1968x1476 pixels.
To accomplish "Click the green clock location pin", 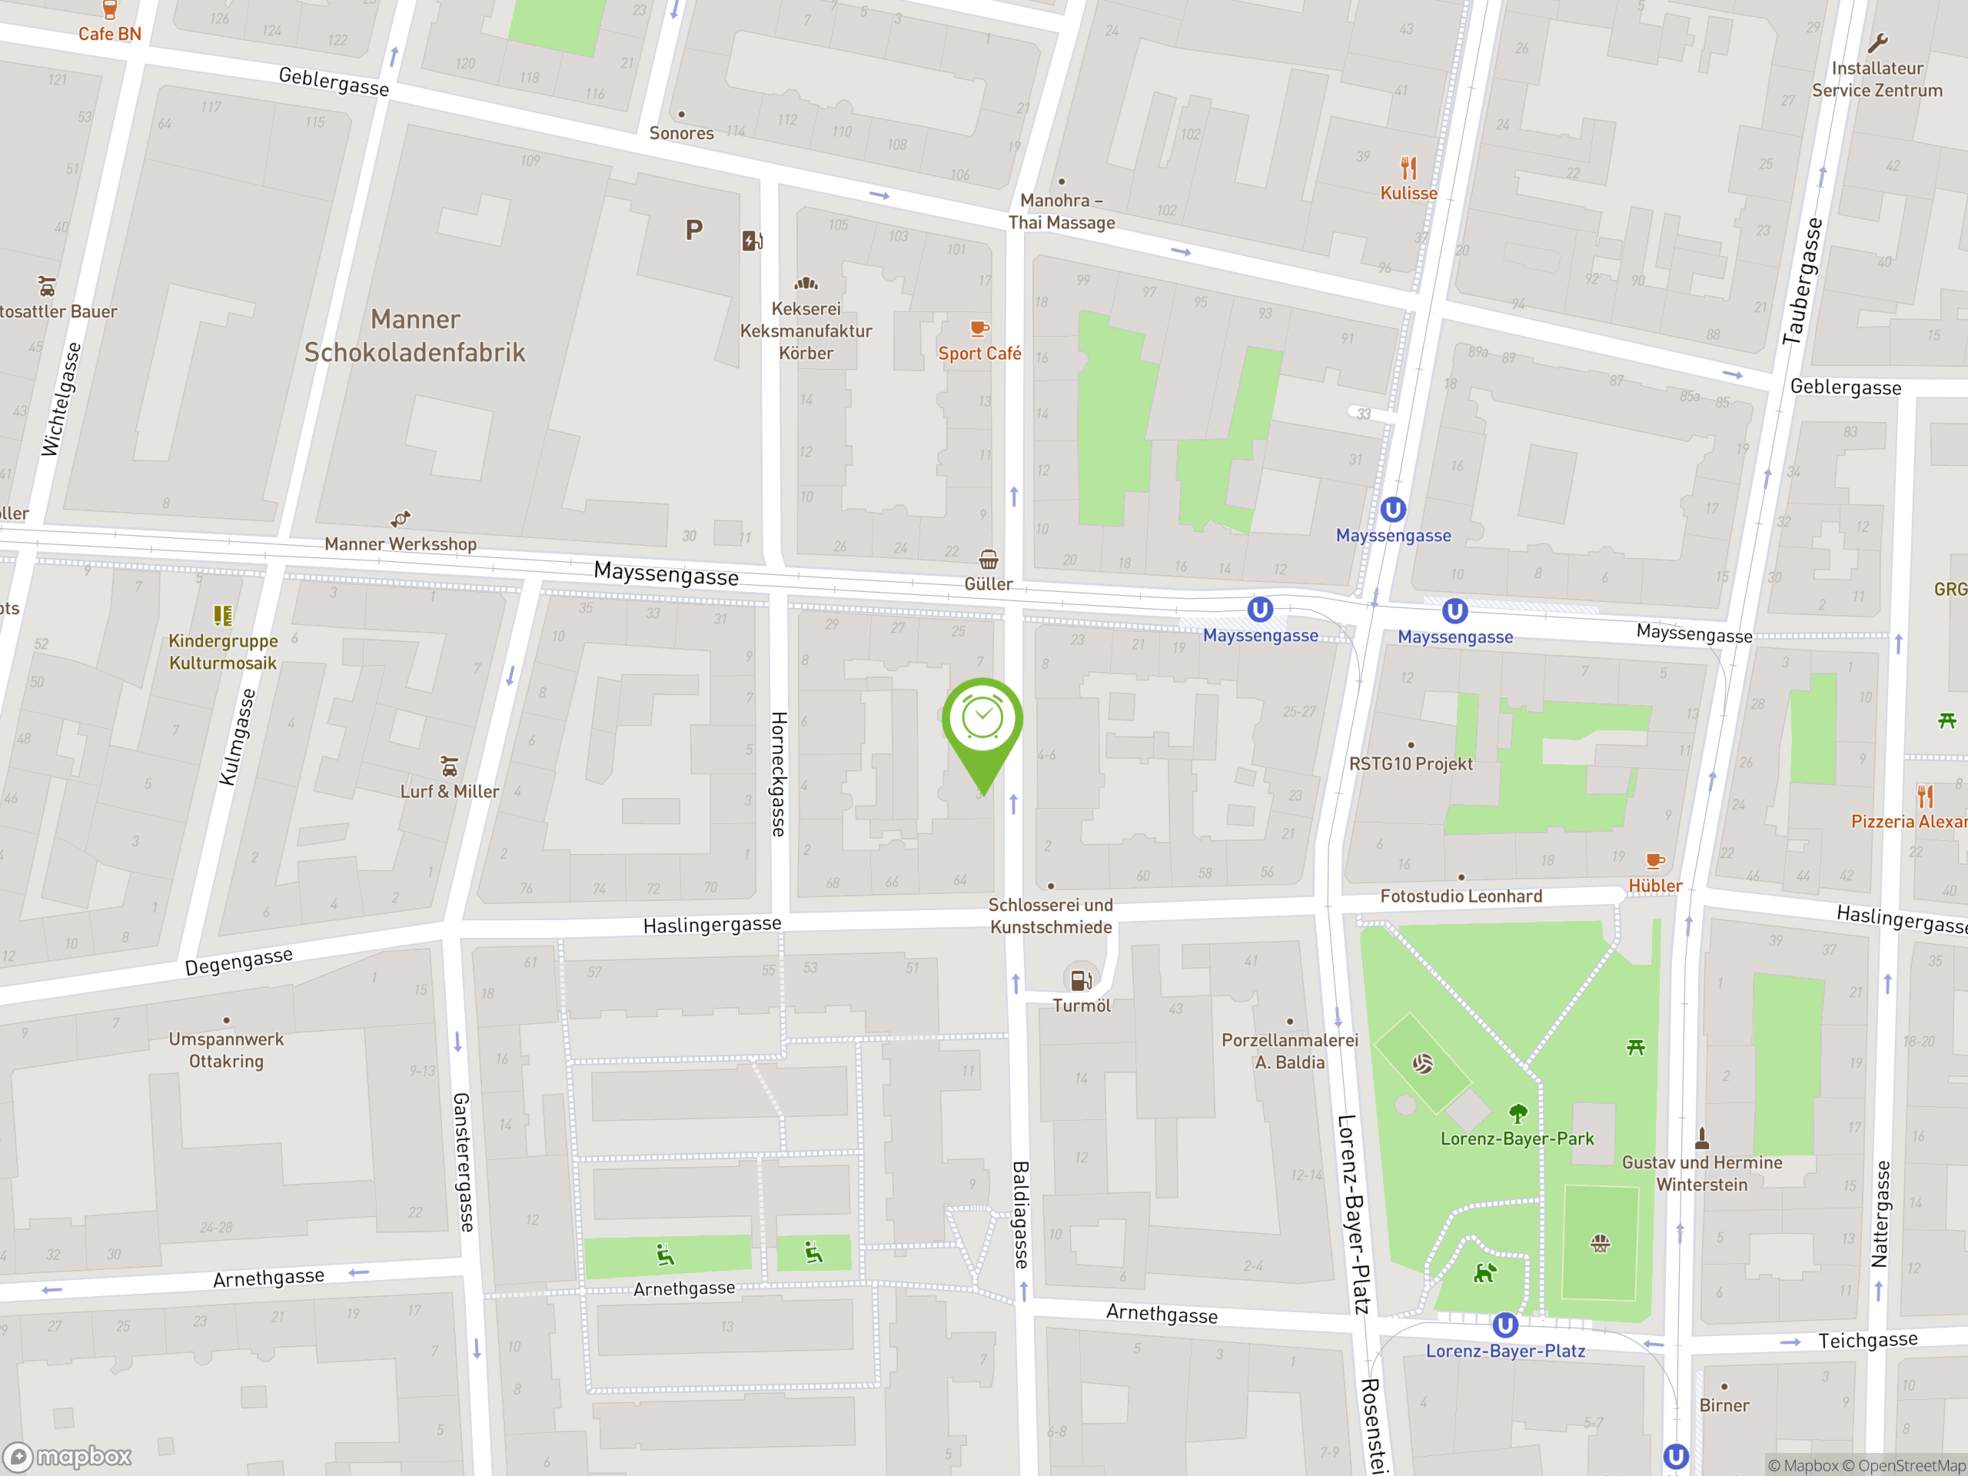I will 982,720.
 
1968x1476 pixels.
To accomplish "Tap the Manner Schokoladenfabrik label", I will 414,336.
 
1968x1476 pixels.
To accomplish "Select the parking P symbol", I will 694,231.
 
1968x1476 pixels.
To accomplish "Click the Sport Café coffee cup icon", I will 979,328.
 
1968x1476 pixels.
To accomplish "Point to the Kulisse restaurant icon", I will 1408,168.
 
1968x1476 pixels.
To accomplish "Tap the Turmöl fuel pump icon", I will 1081,979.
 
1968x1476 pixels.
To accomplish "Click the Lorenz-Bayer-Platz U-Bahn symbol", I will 1504,1325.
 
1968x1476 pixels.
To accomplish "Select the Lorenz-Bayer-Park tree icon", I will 1518,1113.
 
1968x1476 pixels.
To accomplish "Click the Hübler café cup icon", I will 1655,860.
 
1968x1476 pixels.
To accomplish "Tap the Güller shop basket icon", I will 988,560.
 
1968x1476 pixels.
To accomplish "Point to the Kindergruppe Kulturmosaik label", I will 222,652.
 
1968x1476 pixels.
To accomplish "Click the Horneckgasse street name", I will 779,774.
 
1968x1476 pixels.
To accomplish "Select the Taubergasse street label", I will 1803,281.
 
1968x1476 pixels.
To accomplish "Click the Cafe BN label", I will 109,34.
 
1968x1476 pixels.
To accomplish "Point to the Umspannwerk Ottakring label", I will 226,1050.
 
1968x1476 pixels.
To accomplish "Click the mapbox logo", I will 68,1457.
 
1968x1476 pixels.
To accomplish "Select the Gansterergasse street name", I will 464,1162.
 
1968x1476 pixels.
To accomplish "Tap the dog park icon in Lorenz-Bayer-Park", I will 1483,1273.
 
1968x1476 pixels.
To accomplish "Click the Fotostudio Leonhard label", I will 1461,896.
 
